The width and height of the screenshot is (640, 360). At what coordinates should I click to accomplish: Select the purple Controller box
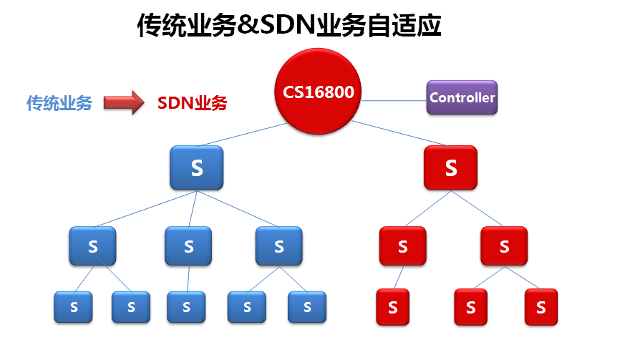[x=462, y=97]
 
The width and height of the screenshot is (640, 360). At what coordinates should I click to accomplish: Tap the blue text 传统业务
[x=59, y=103]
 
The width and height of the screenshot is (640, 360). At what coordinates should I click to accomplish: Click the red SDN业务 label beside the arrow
[x=192, y=103]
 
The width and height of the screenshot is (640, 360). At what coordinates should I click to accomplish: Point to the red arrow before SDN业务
[x=123, y=102]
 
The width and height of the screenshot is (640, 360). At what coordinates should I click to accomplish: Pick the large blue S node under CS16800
[x=197, y=169]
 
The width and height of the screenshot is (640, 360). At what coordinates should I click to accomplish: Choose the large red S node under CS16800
[x=450, y=168]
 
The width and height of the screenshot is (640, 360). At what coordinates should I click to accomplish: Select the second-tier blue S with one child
[x=188, y=246]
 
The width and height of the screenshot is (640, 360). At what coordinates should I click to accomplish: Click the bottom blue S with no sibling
[x=186, y=307]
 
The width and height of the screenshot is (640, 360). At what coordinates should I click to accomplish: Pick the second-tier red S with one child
[x=402, y=246]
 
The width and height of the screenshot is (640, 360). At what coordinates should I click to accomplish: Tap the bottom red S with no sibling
[x=392, y=307]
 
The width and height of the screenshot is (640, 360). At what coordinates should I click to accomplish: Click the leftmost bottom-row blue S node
[x=73, y=307]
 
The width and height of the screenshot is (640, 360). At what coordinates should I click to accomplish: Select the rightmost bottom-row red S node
[x=540, y=307]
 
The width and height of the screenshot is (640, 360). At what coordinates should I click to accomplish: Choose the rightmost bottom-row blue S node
[x=307, y=307]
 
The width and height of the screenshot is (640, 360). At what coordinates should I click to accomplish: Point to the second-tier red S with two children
[x=504, y=246]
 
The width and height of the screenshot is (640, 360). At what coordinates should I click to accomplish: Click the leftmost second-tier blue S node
[x=92, y=246]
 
